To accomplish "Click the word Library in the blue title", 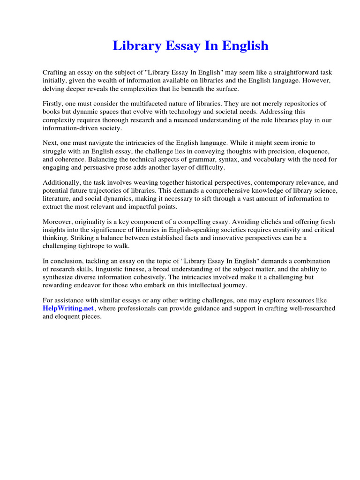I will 134,46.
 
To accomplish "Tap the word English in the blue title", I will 244,46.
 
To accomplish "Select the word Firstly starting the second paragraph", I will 53,104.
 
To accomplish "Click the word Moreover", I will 58,221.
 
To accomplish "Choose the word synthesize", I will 59,277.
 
